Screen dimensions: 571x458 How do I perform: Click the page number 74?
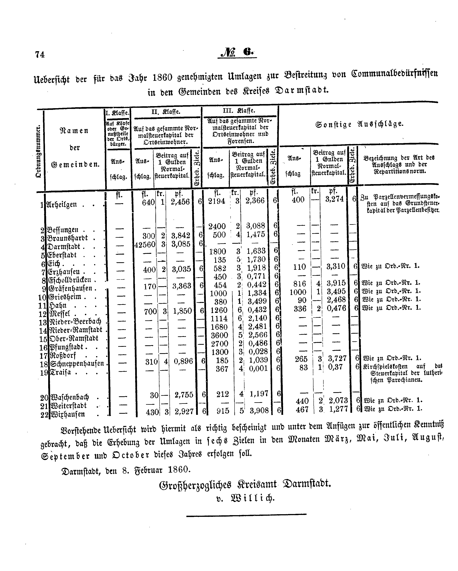click(x=40, y=54)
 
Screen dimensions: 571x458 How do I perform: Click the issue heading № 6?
click(x=237, y=52)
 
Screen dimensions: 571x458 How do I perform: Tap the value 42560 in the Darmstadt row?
click(x=145, y=244)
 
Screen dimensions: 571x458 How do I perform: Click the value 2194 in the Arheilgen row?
click(x=217, y=201)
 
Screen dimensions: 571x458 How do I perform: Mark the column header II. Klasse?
click(x=166, y=112)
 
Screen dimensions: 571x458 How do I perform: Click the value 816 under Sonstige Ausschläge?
click(x=300, y=284)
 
